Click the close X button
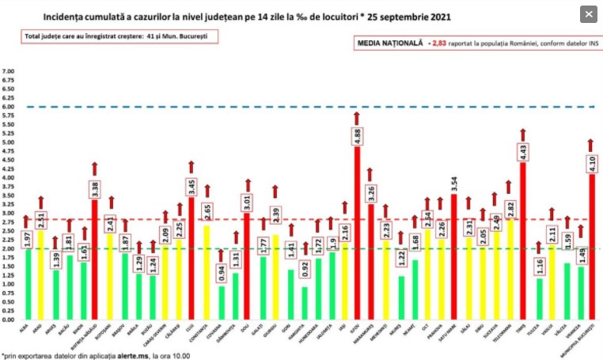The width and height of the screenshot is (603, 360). [x=588, y=14]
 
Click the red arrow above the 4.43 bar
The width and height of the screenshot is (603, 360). [x=523, y=135]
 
